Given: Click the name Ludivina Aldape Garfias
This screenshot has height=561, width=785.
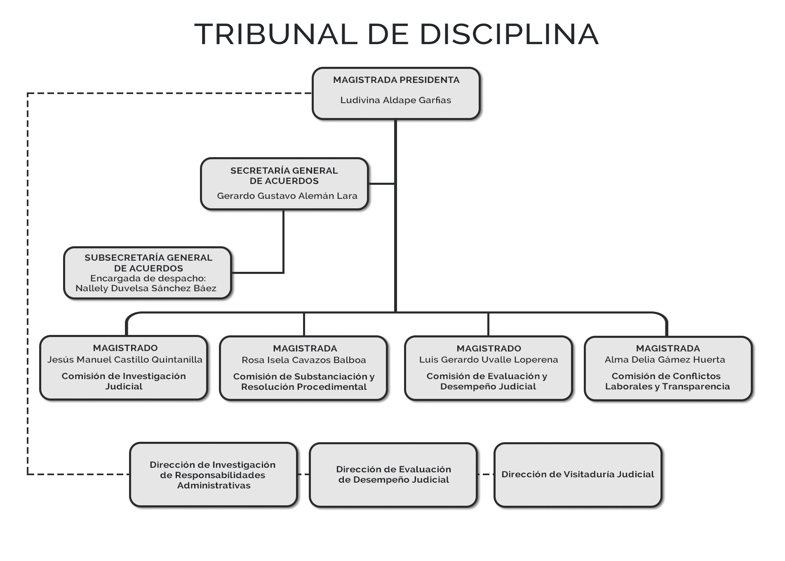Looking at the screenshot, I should (395, 100).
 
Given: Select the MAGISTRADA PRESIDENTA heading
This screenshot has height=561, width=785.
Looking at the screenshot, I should (396, 80).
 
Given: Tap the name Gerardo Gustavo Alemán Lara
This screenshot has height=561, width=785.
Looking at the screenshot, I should (287, 196).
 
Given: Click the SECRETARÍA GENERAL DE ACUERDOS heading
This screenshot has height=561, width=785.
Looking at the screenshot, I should (284, 176).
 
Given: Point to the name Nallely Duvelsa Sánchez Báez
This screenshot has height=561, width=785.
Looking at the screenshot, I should (146, 288).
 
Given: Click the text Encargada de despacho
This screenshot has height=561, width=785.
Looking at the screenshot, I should (148, 278).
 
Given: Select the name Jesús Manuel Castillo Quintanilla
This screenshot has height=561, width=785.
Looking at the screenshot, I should (125, 360).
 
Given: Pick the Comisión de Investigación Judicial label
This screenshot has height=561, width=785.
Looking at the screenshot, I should (124, 381).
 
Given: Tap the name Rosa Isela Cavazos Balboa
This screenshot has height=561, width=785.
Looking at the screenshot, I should (304, 360).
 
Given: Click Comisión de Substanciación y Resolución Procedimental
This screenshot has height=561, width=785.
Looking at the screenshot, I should (304, 382).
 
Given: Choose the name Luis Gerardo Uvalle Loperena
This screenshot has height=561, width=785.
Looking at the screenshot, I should (489, 360).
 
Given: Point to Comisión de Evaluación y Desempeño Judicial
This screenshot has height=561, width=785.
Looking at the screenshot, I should (487, 381).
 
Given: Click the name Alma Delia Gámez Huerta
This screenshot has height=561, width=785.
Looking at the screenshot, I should (665, 360).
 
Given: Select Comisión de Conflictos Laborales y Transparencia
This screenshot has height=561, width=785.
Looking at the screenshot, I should (667, 381).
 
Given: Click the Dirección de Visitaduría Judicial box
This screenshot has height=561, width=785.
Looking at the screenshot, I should (578, 474).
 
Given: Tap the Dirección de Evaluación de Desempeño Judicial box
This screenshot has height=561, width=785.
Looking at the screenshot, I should (393, 474).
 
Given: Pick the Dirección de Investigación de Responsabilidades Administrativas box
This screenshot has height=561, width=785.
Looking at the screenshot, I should (213, 475).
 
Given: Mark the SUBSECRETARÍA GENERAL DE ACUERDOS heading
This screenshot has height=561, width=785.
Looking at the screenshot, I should (148, 263).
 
